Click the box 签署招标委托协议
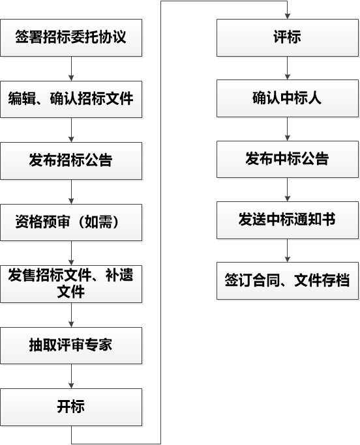(71, 38)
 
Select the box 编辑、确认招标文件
(71, 99)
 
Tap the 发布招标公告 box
(71, 161)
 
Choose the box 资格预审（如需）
(71, 223)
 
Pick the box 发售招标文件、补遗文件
(71, 284)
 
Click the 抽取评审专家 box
(71, 346)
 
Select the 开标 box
(71, 407)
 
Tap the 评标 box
(288, 38)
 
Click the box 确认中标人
(288, 98)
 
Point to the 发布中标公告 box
(288, 159)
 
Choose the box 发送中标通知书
(288, 220)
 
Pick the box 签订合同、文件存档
(288, 281)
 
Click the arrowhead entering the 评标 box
(288, 16)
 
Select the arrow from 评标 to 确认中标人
(288, 68)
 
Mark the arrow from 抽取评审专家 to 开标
(71, 377)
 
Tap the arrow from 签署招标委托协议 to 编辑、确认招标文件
(71, 68)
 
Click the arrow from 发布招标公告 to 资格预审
(71, 192)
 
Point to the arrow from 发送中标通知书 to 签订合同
(288, 251)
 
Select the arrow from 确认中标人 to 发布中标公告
(288, 129)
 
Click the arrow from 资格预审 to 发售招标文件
(71, 253)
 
